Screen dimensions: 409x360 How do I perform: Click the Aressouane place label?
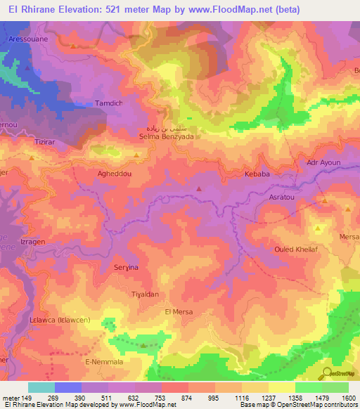[27, 39]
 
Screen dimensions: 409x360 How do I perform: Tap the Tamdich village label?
[109, 103]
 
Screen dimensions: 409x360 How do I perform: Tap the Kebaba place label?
[257, 173]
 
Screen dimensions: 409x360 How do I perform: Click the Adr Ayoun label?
[323, 162]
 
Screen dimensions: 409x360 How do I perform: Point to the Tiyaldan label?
[146, 294]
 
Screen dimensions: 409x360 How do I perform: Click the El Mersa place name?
[179, 311]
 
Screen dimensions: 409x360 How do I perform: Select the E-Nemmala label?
[104, 361]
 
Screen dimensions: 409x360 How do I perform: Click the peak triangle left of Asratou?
[199, 188]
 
